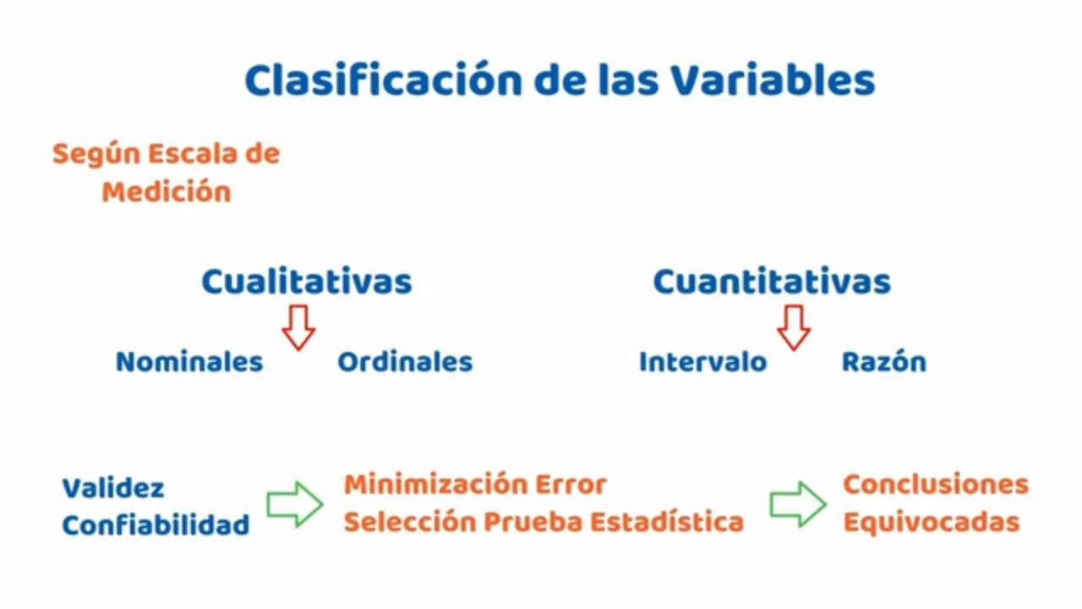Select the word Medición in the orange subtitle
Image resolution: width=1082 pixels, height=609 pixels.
tap(167, 192)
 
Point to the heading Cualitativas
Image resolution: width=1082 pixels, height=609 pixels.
tap(306, 282)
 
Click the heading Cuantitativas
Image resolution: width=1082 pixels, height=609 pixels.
tap(772, 282)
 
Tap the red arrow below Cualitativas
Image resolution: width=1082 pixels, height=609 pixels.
tap(298, 327)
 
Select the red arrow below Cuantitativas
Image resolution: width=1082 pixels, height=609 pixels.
tap(794, 327)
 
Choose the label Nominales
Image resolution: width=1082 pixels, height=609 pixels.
tap(189, 362)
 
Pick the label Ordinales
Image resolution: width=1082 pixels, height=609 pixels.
tap(405, 362)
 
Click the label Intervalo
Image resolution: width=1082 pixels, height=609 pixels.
tap(702, 362)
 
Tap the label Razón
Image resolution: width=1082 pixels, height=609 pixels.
tap(884, 362)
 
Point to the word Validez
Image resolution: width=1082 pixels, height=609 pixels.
tap(113, 488)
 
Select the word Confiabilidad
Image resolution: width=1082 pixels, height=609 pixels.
tap(156, 525)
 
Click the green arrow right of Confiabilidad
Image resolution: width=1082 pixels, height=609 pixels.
tap(295, 504)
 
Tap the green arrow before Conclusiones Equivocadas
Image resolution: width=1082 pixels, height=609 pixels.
tap(798, 504)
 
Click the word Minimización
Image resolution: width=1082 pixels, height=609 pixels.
tap(435, 485)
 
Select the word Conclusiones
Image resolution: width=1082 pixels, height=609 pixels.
tap(936, 485)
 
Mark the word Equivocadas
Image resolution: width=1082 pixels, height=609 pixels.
tap(932, 522)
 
